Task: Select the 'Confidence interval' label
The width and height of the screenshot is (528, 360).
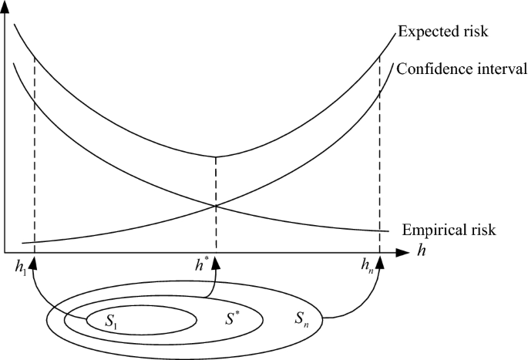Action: click(462, 68)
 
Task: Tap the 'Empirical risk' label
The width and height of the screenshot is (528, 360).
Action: click(448, 230)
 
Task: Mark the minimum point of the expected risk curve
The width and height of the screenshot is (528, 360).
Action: click(216, 156)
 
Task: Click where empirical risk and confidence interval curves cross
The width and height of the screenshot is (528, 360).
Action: click(216, 204)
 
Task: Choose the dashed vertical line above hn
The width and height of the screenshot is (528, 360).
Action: click(380, 154)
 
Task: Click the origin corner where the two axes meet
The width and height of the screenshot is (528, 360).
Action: click(6, 251)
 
